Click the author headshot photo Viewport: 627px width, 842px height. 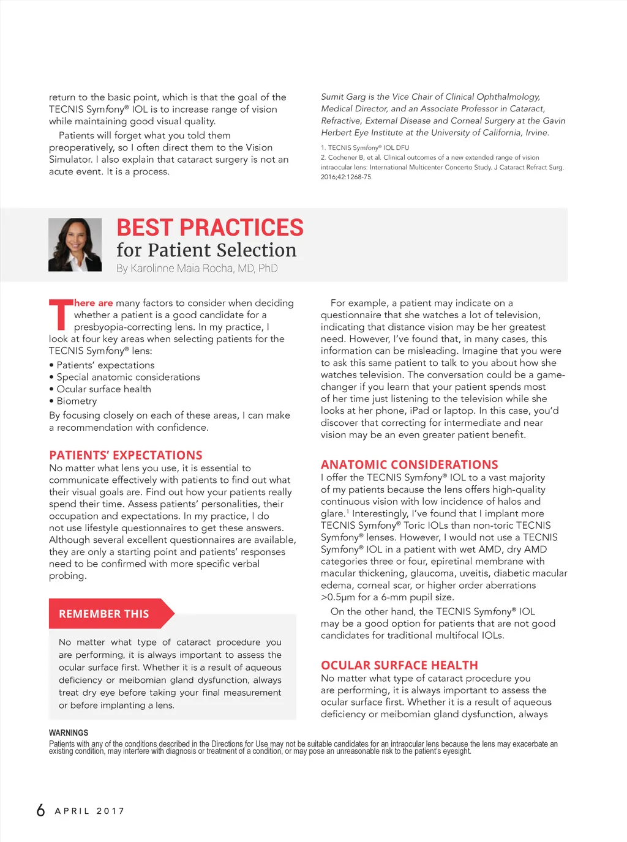(75, 245)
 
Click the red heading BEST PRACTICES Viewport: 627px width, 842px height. (210, 228)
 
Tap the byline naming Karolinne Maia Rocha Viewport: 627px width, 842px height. (197, 268)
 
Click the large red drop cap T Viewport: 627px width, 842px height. (61, 314)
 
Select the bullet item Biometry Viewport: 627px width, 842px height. (77, 401)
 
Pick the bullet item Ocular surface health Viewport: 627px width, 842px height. (103, 389)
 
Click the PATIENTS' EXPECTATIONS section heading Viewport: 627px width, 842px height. (126, 455)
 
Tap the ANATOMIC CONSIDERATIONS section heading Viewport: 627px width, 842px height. (409, 464)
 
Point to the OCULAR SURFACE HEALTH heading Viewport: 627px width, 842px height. (399, 665)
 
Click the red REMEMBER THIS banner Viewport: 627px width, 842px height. (104, 614)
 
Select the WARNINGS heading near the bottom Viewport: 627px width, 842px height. (69, 732)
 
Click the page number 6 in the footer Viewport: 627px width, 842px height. (41, 810)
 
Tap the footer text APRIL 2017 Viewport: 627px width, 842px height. (89, 811)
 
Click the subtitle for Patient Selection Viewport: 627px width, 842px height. (206, 250)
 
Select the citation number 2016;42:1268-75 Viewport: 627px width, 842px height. (347, 177)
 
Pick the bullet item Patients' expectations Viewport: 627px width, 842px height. (105, 365)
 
